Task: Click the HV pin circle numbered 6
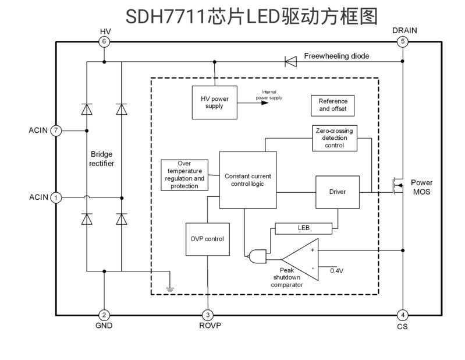[104, 41]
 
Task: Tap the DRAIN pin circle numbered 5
[402, 41]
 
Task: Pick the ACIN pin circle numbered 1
[56, 197]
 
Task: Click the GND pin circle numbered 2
[104, 315]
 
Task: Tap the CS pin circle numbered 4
[402, 315]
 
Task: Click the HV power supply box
[215, 102]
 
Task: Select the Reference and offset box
[333, 105]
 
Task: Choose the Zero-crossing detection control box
[334, 138]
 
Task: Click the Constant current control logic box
[248, 179]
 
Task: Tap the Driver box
[338, 192]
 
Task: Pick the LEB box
[303, 228]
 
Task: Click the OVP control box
[207, 239]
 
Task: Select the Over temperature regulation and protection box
[184, 175]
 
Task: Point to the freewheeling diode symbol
[290, 61]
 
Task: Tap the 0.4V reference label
[337, 271]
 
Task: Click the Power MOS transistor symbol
[397, 186]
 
